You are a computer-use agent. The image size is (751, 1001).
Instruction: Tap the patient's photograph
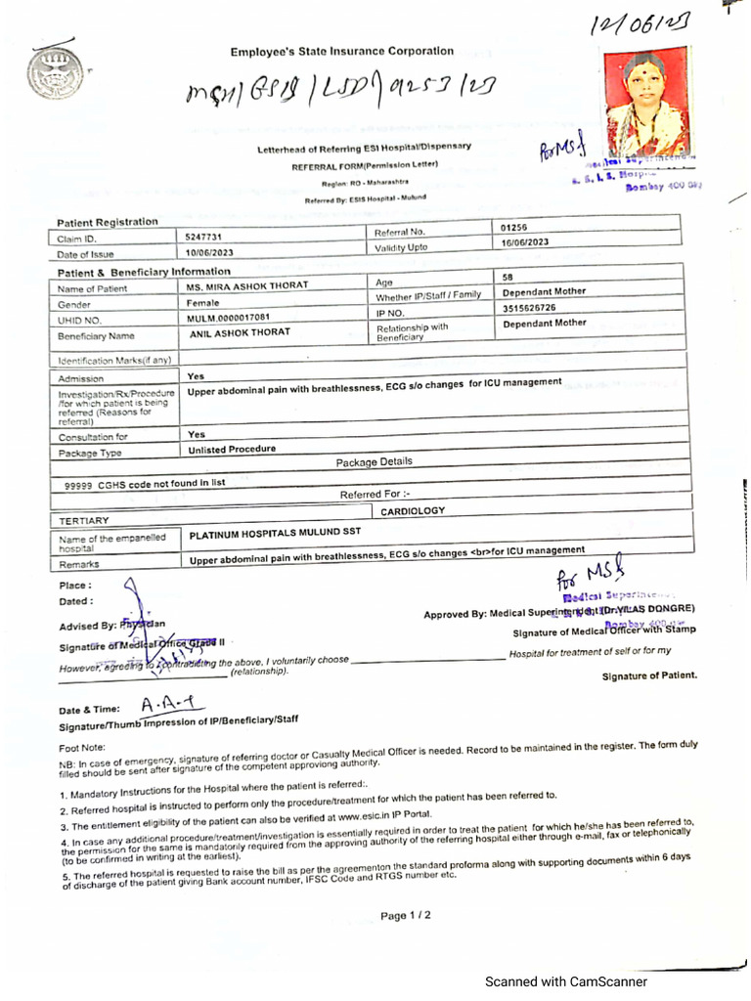coord(645,103)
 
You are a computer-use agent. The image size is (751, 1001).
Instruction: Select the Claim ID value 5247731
coord(205,237)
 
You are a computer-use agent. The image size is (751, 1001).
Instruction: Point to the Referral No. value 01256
coord(514,229)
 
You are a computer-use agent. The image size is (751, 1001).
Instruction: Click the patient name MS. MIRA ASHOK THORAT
coord(247,286)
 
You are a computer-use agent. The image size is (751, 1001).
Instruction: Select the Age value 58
coord(508,278)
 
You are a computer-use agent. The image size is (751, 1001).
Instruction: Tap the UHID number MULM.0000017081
coord(229,318)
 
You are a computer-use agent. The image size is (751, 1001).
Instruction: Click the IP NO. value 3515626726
coord(530,307)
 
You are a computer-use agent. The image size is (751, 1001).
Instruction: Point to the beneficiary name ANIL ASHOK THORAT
coord(241,333)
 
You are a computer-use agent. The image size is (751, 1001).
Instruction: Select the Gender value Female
coord(204,303)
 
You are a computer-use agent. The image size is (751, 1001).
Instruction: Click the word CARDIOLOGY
coord(413,510)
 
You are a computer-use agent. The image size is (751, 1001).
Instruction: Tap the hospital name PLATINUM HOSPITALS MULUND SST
coord(275,534)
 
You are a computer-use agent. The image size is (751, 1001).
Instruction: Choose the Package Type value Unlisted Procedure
coord(232,450)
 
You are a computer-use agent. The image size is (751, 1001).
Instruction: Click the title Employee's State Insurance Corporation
coord(342,51)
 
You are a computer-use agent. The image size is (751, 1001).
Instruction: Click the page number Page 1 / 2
coord(405,916)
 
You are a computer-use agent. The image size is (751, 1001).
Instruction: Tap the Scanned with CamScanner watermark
coord(567,981)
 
